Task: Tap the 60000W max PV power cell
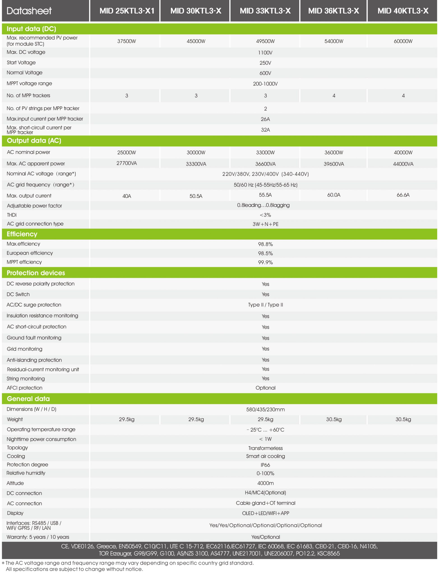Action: click(403, 41)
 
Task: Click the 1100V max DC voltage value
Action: click(265, 53)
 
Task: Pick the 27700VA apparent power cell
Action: click(127, 163)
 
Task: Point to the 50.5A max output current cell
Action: click(196, 196)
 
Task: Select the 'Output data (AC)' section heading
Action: click(34, 140)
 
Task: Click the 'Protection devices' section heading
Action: click(36, 273)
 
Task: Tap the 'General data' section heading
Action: click(28, 399)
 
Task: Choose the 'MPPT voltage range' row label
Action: click(29, 84)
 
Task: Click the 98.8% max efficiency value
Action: click(265, 244)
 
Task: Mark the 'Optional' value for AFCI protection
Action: click(265, 388)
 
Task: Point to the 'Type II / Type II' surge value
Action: click(265, 305)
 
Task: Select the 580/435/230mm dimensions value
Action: click(265, 409)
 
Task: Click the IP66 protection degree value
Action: click(265, 465)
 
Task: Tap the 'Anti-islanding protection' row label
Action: click(34, 360)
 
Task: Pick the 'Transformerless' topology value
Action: click(265, 448)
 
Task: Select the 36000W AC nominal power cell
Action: click(334, 152)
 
